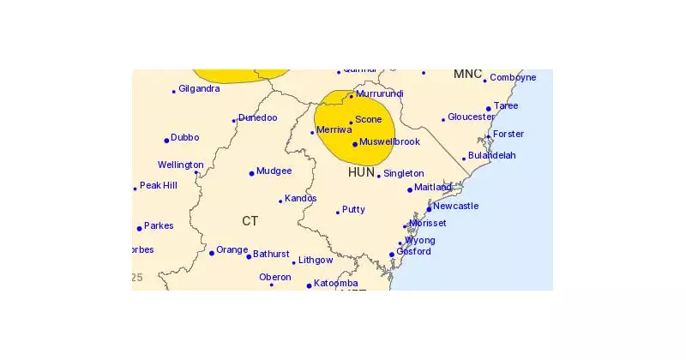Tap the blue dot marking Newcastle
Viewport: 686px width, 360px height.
429,208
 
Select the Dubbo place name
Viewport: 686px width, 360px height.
185,137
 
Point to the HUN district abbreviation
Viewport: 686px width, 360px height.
361,172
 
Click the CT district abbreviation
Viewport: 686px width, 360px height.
250,221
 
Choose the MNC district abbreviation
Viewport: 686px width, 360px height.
467,75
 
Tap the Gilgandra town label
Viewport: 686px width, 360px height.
199,88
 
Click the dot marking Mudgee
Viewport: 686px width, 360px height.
251,173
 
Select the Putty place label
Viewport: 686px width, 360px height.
353,209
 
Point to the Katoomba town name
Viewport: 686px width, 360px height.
335,284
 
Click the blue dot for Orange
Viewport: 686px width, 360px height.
212,253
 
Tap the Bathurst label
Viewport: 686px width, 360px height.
270,255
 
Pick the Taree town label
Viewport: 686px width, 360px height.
506,105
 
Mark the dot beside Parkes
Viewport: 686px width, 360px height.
139,228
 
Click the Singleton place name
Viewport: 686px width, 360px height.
403,173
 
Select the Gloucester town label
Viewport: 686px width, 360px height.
471,117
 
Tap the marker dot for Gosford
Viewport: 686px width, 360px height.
392,255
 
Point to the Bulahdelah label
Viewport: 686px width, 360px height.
493,156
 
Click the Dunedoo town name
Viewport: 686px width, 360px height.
258,117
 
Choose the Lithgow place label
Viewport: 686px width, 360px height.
315,260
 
